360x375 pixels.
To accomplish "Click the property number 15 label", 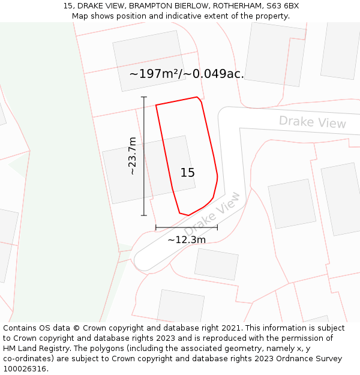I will [187, 173].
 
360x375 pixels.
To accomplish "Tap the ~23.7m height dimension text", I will [133, 156].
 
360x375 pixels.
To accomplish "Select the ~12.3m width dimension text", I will [187, 240].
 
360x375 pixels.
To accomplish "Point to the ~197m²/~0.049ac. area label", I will [187, 74].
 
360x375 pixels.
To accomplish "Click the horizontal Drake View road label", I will [312, 122].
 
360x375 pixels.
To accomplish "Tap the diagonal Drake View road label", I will [211, 214].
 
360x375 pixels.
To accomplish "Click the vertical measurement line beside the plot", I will [144, 156].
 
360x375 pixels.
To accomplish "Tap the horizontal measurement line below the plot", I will [187, 227].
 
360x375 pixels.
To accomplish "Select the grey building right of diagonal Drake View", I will [292, 203].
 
